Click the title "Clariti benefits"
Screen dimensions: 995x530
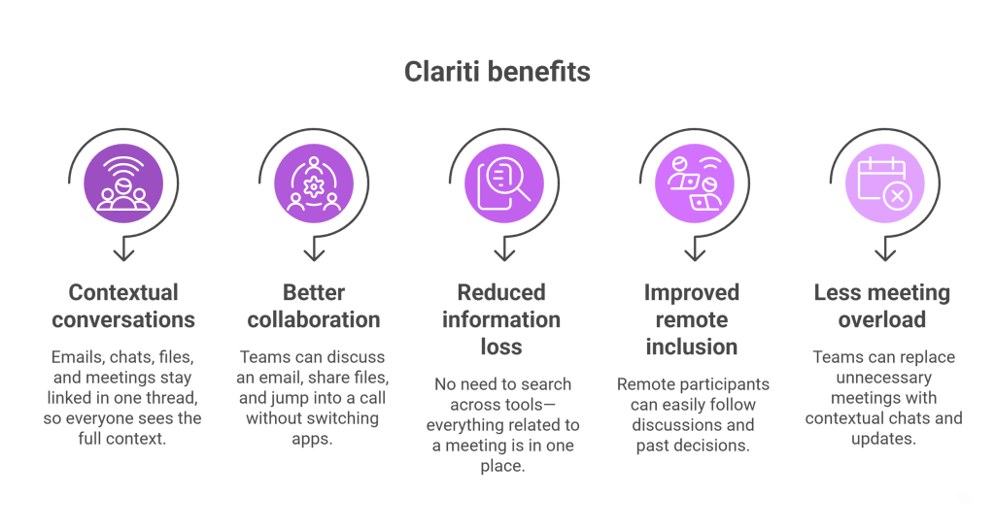point(497,72)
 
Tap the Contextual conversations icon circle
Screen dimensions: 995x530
point(123,183)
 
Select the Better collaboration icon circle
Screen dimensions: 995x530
point(314,183)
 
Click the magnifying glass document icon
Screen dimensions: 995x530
point(504,184)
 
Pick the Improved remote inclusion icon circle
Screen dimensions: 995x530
point(695,183)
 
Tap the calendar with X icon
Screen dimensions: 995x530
point(884,183)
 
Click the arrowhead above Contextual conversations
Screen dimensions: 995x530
point(123,253)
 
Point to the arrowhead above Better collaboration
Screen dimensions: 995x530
point(314,253)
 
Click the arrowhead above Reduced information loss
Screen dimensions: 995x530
point(504,253)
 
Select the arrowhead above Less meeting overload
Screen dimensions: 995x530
point(885,253)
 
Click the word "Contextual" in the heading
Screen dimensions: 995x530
point(123,292)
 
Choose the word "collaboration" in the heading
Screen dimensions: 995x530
point(314,319)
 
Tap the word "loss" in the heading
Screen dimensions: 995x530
point(501,347)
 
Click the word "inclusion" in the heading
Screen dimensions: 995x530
point(692,347)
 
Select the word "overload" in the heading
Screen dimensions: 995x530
point(882,319)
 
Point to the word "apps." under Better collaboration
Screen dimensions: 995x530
point(312,439)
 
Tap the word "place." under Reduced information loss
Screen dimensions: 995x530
point(502,466)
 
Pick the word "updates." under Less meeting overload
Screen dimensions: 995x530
point(884,439)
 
